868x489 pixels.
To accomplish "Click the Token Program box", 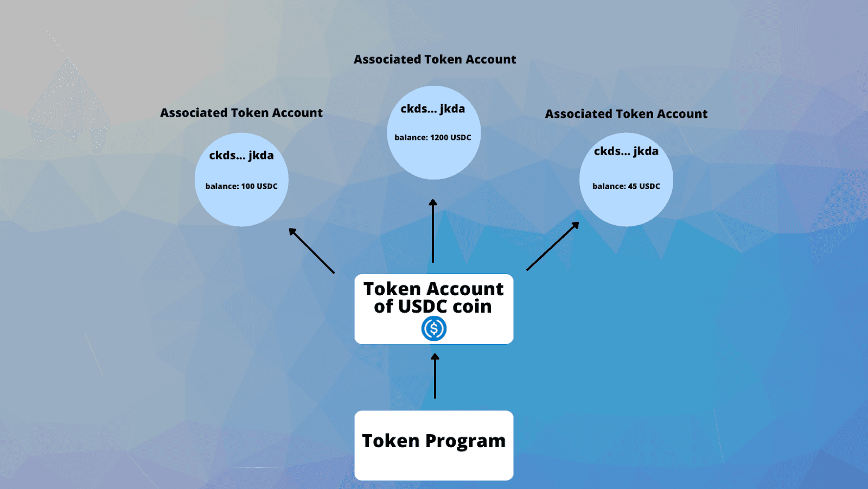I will (433, 445).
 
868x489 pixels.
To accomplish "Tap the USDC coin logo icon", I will (434, 328).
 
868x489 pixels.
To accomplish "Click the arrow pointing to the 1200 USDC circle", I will (433, 231).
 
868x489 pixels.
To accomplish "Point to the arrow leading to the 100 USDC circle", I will (311, 250).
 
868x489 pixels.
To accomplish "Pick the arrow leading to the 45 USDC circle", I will (552, 246).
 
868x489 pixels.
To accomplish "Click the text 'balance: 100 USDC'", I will (241, 186).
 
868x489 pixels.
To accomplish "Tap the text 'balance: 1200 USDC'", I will (432, 137).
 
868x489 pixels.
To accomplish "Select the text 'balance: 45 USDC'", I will (626, 186).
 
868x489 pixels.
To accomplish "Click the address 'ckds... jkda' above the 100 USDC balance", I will (241, 155).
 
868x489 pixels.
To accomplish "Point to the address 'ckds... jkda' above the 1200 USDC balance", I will (432, 109).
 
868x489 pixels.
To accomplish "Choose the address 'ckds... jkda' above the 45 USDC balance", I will (626, 151).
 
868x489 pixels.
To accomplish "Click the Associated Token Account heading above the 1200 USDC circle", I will (435, 59).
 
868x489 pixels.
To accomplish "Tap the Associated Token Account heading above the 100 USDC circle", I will (241, 113).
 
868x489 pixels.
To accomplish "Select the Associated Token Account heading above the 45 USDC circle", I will (626, 114).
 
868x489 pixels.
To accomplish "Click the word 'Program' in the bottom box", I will (465, 441).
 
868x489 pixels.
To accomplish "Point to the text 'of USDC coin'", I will (432, 307).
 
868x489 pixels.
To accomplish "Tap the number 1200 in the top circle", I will (439, 137).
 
